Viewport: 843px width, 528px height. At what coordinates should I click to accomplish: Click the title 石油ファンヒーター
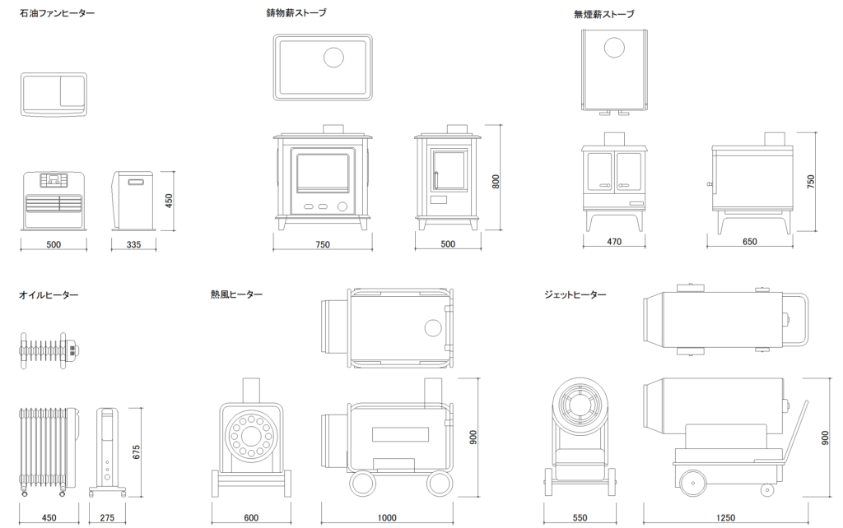[x=57, y=13]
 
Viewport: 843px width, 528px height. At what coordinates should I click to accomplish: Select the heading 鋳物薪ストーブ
[x=296, y=13]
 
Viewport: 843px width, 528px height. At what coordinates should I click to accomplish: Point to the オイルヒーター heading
[x=49, y=294]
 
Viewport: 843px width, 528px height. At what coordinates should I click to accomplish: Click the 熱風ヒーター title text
[x=236, y=294]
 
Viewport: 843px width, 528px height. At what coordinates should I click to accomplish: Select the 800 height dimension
[x=496, y=182]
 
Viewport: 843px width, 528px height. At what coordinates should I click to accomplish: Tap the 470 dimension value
[x=614, y=242]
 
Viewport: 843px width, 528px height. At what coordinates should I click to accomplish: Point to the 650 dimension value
[x=749, y=242]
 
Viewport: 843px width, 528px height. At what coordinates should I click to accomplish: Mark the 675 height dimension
[x=137, y=452]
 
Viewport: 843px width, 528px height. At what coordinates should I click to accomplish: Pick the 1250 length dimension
[x=725, y=518]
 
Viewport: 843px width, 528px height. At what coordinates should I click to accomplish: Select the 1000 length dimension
[x=387, y=518]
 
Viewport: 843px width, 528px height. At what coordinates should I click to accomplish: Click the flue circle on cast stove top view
[x=334, y=58]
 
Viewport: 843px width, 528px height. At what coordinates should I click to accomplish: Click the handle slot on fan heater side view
[x=134, y=182]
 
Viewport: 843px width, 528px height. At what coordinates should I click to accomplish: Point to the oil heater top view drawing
[x=50, y=350]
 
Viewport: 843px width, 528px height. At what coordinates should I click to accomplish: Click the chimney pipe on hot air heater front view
[x=252, y=390]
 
